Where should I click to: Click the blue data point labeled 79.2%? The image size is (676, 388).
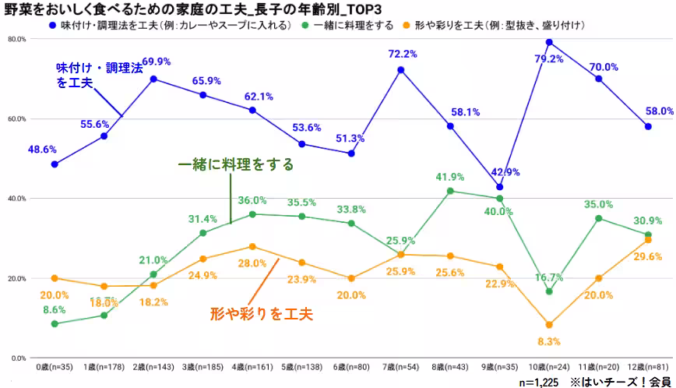tap(549, 42)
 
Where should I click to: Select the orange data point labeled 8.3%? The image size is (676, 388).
tap(549, 325)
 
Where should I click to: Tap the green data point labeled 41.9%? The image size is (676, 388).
tap(450, 191)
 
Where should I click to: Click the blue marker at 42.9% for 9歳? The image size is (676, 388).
tap(499, 187)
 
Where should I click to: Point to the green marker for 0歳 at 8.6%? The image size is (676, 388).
tap(55, 323)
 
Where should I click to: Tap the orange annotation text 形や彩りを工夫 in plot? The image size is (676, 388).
tap(261, 314)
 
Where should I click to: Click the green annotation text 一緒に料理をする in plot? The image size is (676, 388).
tap(236, 164)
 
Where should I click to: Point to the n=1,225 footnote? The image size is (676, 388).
tap(539, 382)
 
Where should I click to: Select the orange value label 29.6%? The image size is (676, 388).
tap(648, 256)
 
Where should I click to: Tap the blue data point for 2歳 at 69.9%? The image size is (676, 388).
tap(153, 79)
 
